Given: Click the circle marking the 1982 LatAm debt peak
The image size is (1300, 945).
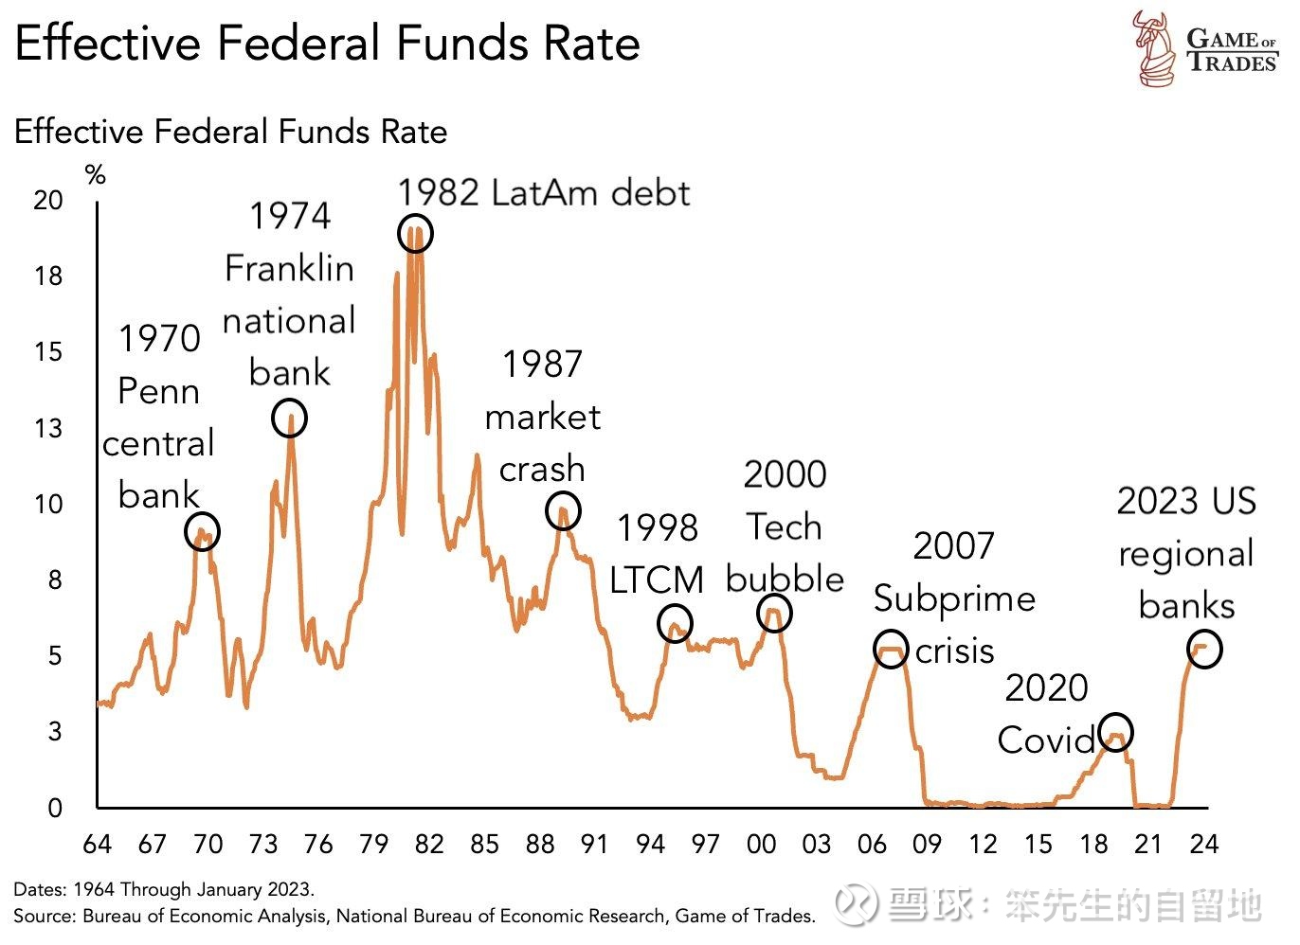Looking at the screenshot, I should point(415,233).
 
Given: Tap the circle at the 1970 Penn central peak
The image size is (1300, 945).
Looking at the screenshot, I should point(201,531).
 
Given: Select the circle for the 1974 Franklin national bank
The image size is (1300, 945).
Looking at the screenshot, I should point(289,418).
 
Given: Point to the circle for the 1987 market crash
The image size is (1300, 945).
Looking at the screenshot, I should point(563,511).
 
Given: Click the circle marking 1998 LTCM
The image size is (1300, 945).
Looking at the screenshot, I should point(675,623).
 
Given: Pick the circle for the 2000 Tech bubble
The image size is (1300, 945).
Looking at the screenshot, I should point(774,614).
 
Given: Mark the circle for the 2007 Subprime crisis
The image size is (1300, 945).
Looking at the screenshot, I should point(891,650).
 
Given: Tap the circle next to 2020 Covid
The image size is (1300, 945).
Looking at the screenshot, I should point(1116,732).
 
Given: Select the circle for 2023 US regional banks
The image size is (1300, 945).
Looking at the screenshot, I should point(1204,650).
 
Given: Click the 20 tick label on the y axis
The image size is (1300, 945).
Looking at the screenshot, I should point(48,200).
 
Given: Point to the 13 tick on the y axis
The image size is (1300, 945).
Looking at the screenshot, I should point(48,428).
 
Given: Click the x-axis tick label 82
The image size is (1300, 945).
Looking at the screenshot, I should point(429,844).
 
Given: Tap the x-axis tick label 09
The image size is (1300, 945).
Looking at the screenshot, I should point(928,844).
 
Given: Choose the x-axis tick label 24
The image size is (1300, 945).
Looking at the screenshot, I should point(1203,844).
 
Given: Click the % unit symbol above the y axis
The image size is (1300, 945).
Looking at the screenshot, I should point(95,175).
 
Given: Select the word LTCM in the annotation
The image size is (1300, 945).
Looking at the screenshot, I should point(657,579).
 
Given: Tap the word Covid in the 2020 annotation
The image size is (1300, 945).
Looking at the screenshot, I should point(1046,740).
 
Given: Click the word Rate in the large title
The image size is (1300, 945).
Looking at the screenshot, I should point(592,44).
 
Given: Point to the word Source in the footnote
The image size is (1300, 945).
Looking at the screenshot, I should point(43,916).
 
